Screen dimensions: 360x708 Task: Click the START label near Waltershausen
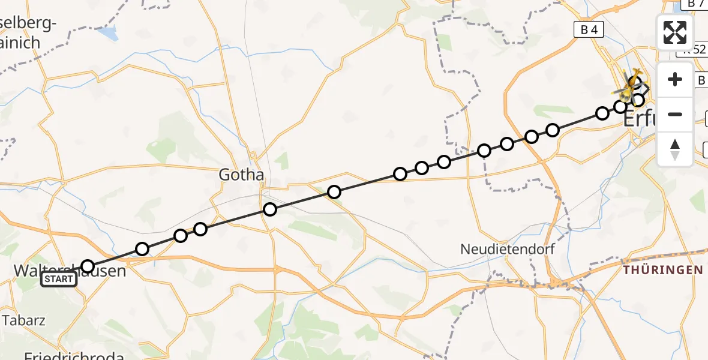(59, 279)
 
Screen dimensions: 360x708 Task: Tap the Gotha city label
(241, 175)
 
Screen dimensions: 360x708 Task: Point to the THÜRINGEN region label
(663, 270)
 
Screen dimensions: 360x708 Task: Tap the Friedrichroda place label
(74, 356)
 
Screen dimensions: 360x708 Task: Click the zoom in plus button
(675, 79)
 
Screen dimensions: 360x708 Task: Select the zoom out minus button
(675, 114)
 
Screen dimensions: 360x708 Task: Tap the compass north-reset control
(675, 149)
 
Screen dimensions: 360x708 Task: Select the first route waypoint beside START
(88, 266)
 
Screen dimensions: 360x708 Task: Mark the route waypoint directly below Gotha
(270, 209)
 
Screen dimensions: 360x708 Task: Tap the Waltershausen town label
(70, 271)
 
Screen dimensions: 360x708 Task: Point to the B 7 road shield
(696, 4)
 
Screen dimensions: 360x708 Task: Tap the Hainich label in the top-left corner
(21, 43)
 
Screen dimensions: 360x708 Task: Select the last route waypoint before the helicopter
(638, 100)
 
